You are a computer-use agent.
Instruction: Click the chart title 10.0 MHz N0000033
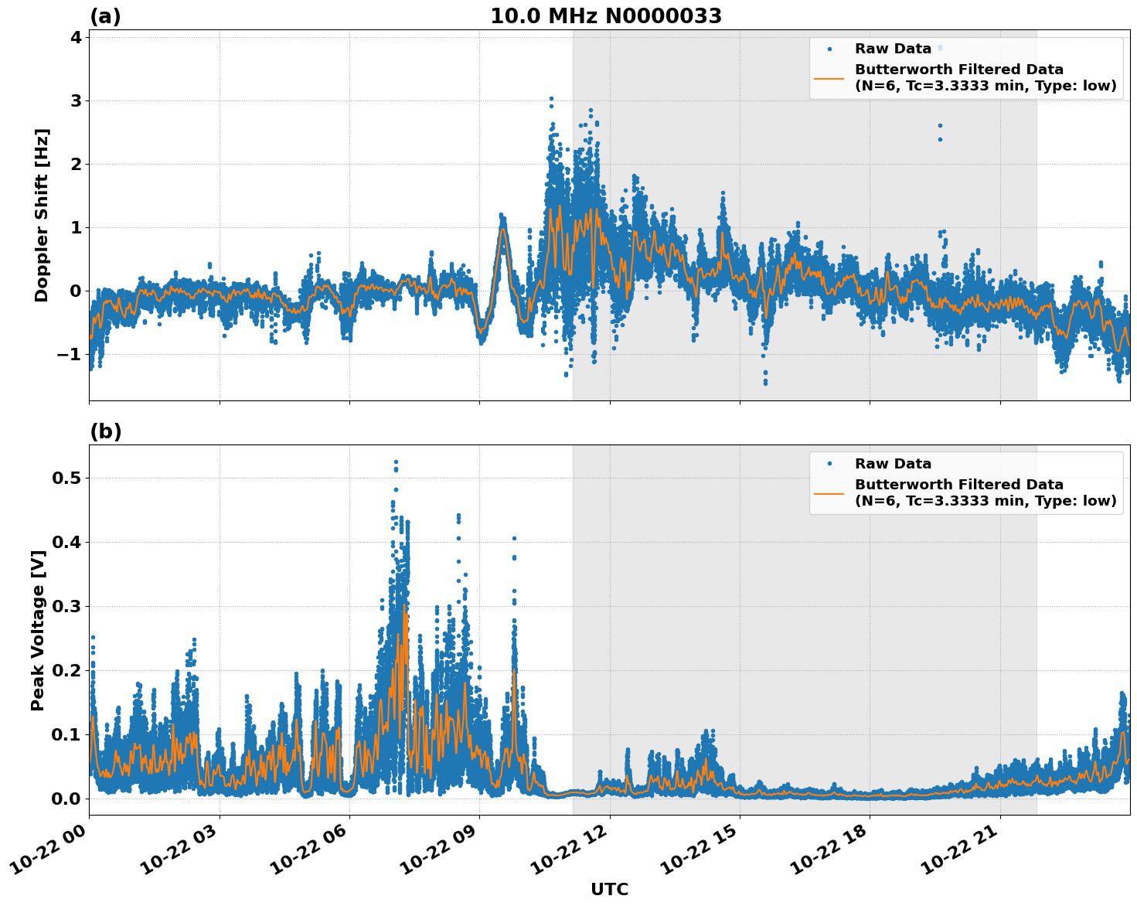pyautogui.click(x=605, y=16)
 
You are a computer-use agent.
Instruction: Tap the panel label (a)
pyautogui.click(x=105, y=16)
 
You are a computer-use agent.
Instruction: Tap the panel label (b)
pyautogui.click(x=105, y=431)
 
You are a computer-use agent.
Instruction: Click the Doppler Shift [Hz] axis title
pyautogui.click(x=42, y=215)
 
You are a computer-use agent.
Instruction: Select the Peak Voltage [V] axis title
pyautogui.click(x=38, y=629)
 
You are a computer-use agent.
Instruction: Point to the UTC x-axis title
pyautogui.click(x=609, y=889)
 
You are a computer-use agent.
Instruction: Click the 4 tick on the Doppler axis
pyautogui.click(x=76, y=37)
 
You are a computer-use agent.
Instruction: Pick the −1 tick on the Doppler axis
pyautogui.click(x=70, y=354)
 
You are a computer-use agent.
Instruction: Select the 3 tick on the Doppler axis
pyautogui.click(x=76, y=100)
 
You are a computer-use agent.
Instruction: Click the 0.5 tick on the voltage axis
pyautogui.click(x=66, y=478)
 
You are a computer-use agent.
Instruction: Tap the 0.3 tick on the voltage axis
pyautogui.click(x=66, y=606)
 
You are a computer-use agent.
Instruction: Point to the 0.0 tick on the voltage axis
pyautogui.click(x=66, y=799)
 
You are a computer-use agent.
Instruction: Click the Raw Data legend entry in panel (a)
pyautogui.click(x=893, y=49)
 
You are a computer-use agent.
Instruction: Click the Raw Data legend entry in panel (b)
pyautogui.click(x=893, y=464)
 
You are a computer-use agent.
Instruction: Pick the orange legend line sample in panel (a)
pyautogui.click(x=829, y=78)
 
